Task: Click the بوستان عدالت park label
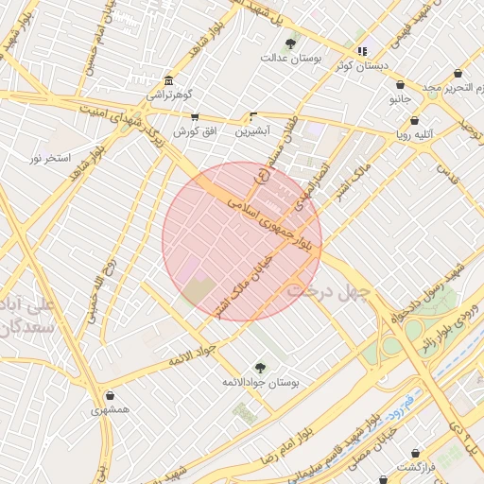coord(291,58)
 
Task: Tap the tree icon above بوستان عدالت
coord(291,43)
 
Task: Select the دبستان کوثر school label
coord(360,66)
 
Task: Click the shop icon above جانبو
coord(400,84)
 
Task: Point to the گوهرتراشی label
coord(168,95)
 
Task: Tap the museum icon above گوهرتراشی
coord(168,80)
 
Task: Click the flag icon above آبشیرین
coord(252,116)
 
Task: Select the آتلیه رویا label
coord(415,134)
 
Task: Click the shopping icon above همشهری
coord(112,396)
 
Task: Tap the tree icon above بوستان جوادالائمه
coord(260,368)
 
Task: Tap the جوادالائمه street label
coord(194,357)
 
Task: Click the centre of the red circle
coord(242,241)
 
